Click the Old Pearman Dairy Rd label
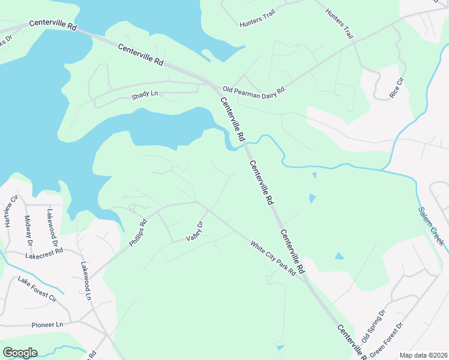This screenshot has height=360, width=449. point(255,89)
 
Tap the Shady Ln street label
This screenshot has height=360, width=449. point(145,94)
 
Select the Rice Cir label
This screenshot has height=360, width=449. point(396,88)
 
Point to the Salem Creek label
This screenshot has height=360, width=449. point(430,226)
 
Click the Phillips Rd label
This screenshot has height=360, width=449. point(138,233)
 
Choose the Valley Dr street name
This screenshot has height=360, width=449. point(195,231)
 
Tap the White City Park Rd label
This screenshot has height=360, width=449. point(273,258)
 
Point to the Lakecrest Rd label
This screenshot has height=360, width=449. point(44,255)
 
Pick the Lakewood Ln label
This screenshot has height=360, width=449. point(86,280)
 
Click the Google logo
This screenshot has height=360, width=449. point(20,353)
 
